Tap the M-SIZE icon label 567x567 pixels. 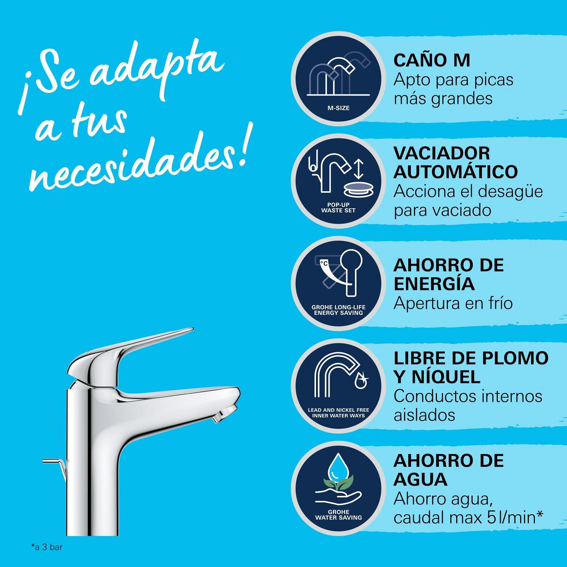pos(338,108)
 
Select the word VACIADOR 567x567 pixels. pos(442,153)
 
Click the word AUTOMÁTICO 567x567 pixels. pos(455,172)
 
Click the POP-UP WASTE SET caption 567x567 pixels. pos(338,208)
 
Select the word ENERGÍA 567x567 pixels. pos(434,284)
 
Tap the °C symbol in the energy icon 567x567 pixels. pos(324,262)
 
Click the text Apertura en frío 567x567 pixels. pos(453,303)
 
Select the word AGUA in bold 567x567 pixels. pos(420,479)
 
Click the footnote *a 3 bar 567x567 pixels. pos(46,547)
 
